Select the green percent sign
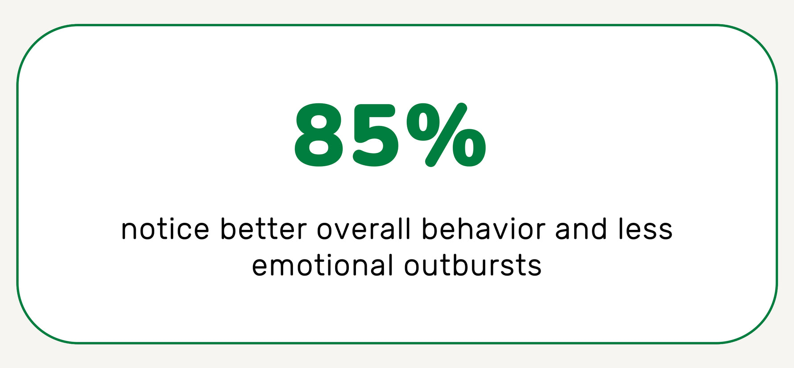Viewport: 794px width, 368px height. click(446, 135)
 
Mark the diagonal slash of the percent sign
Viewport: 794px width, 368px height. click(446, 135)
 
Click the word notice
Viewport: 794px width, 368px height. click(165, 230)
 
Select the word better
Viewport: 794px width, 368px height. click(263, 229)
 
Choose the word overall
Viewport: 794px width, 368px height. click(364, 229)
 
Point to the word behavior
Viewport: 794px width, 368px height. click(484, 229)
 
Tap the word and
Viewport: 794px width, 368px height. click(581, 229)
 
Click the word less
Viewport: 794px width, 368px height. click(645, 229)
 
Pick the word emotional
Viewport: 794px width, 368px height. click(322, 266)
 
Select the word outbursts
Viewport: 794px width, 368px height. click(473, 266)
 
